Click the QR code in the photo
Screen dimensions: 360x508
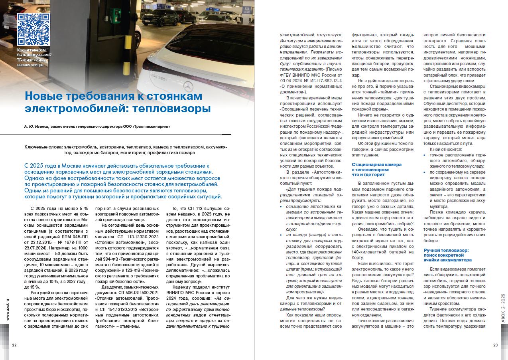coord(34,29)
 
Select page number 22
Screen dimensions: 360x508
coord(14,345)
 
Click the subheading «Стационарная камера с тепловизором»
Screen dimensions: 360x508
coord(376,167)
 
